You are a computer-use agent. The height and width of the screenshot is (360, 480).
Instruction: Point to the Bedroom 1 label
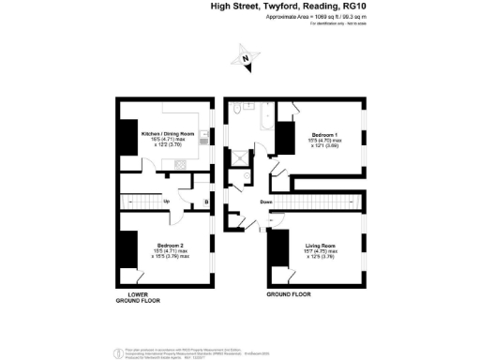coord(326,134)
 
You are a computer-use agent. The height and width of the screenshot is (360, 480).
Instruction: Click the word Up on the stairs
coord(166,201)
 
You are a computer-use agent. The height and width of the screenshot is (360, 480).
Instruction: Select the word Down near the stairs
coord(266,202)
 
